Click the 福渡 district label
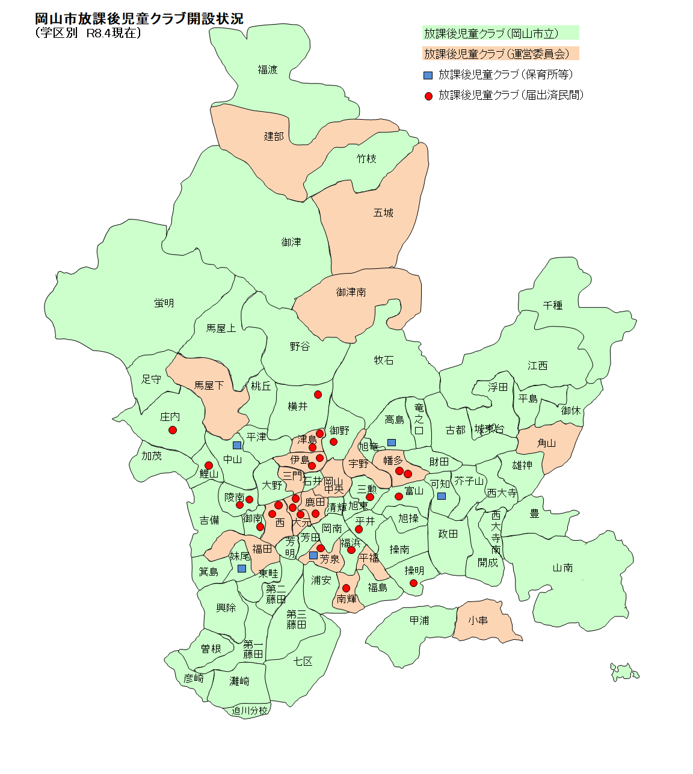tap(268, 70)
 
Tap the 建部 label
tap(274, 137)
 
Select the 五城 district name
tap(383, 213)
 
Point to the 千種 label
tap(552, 306)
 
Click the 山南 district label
tap(562, 568)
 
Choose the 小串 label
tap(478, 620)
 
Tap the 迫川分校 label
tap(250, 710)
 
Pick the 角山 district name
tap(546, 443)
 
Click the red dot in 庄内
tap(173, 430)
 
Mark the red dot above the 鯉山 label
tap(209, 465)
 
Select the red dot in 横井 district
tap(318, 395)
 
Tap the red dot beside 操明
tap(413, 583)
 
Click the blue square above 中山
tap(237, 445)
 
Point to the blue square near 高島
tap(392, 443)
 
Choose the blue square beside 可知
tap(442, 496)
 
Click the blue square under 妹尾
tap(241, 568)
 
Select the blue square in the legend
tap(428, 75)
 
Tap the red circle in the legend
tap(428, 96)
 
